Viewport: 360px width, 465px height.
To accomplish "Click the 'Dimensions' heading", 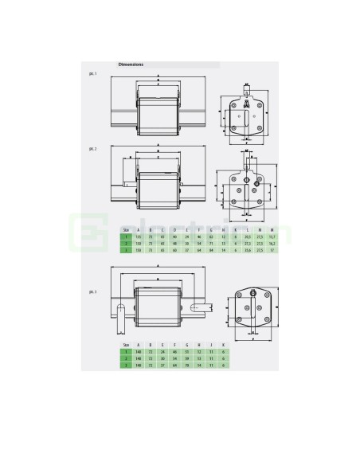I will click(131, 64).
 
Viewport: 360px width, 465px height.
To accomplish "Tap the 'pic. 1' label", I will click(93, 73).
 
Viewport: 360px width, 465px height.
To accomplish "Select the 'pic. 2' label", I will click(93, 148).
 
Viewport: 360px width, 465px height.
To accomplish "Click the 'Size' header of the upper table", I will click(124, 229).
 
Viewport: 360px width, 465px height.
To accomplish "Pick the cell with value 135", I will click(139, 236).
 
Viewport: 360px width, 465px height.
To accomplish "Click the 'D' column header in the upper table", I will click(175, 229).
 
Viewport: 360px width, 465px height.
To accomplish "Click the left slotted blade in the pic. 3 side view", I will click(122, 322).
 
